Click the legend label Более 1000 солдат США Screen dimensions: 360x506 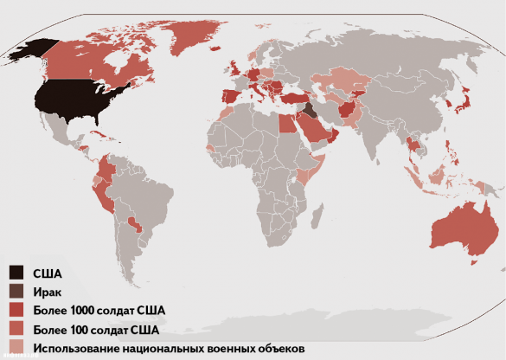(x=99, y=310)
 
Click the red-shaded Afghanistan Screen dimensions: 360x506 (x=346, y=109)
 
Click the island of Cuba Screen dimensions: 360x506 (x=105, y=136)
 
